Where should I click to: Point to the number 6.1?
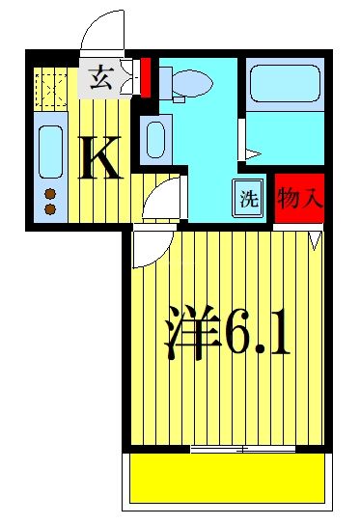coord(256,333)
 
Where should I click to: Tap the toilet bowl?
coord(188,84)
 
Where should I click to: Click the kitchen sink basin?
coord(48,151)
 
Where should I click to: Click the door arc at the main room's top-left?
coord(145,248)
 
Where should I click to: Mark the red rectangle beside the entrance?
coord(146,78)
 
